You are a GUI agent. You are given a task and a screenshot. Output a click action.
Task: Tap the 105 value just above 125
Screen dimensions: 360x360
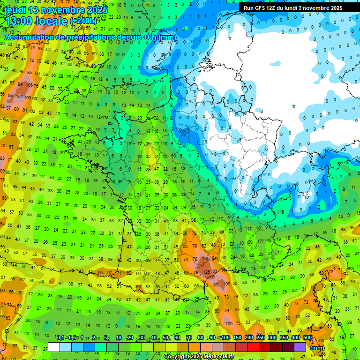pos(205,258)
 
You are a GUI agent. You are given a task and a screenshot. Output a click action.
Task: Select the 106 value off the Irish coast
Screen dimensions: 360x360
pos(30,85)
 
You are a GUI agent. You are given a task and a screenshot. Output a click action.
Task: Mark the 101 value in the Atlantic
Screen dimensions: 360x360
pos(20,97)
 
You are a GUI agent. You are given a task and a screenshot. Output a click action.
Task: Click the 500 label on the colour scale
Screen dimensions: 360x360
pos(307,337)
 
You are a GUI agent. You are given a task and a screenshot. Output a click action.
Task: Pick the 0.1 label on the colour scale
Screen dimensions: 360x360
pos(60,337)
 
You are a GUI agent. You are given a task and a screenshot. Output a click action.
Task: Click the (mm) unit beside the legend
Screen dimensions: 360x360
pos(317,348)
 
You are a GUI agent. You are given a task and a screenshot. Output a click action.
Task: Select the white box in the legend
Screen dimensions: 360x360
pos(54,347)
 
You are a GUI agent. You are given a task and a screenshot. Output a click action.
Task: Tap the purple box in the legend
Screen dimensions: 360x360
pos(300,347)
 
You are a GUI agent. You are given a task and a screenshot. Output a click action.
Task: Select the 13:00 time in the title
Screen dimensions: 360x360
pos(19,21)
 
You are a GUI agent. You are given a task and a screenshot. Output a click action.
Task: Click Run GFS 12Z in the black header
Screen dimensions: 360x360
pos(262,8)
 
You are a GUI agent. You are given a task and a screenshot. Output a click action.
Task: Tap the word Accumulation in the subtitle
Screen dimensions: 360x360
pos(28,37)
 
